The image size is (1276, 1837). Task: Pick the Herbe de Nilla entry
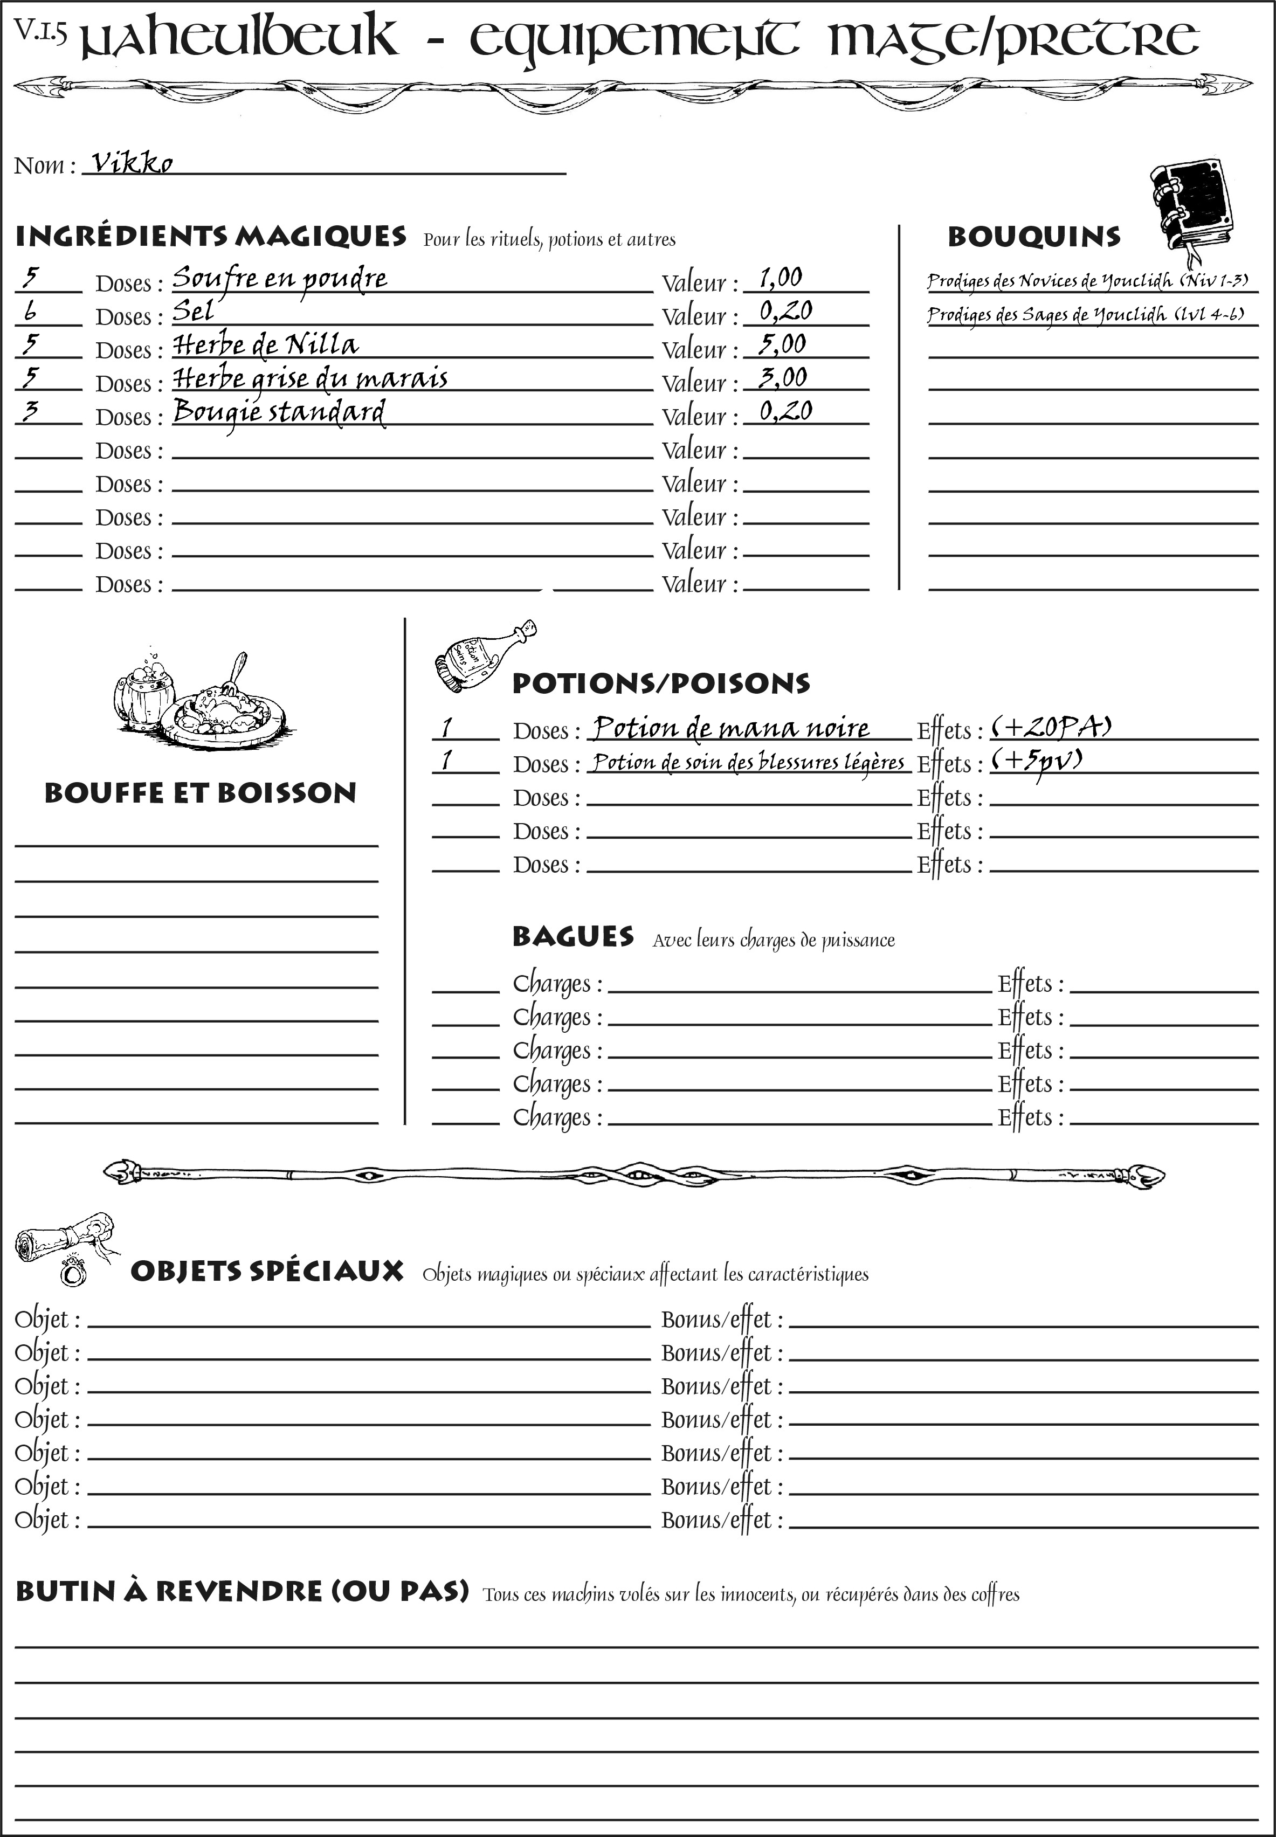(265, 344)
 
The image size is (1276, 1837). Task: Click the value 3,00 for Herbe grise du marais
(783, 377)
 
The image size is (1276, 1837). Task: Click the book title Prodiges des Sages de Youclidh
(1085, 315)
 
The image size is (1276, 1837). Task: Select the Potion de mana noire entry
(730, 728)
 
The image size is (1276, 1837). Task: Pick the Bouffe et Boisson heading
(200, 793)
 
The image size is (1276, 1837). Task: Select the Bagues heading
(573, 937)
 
